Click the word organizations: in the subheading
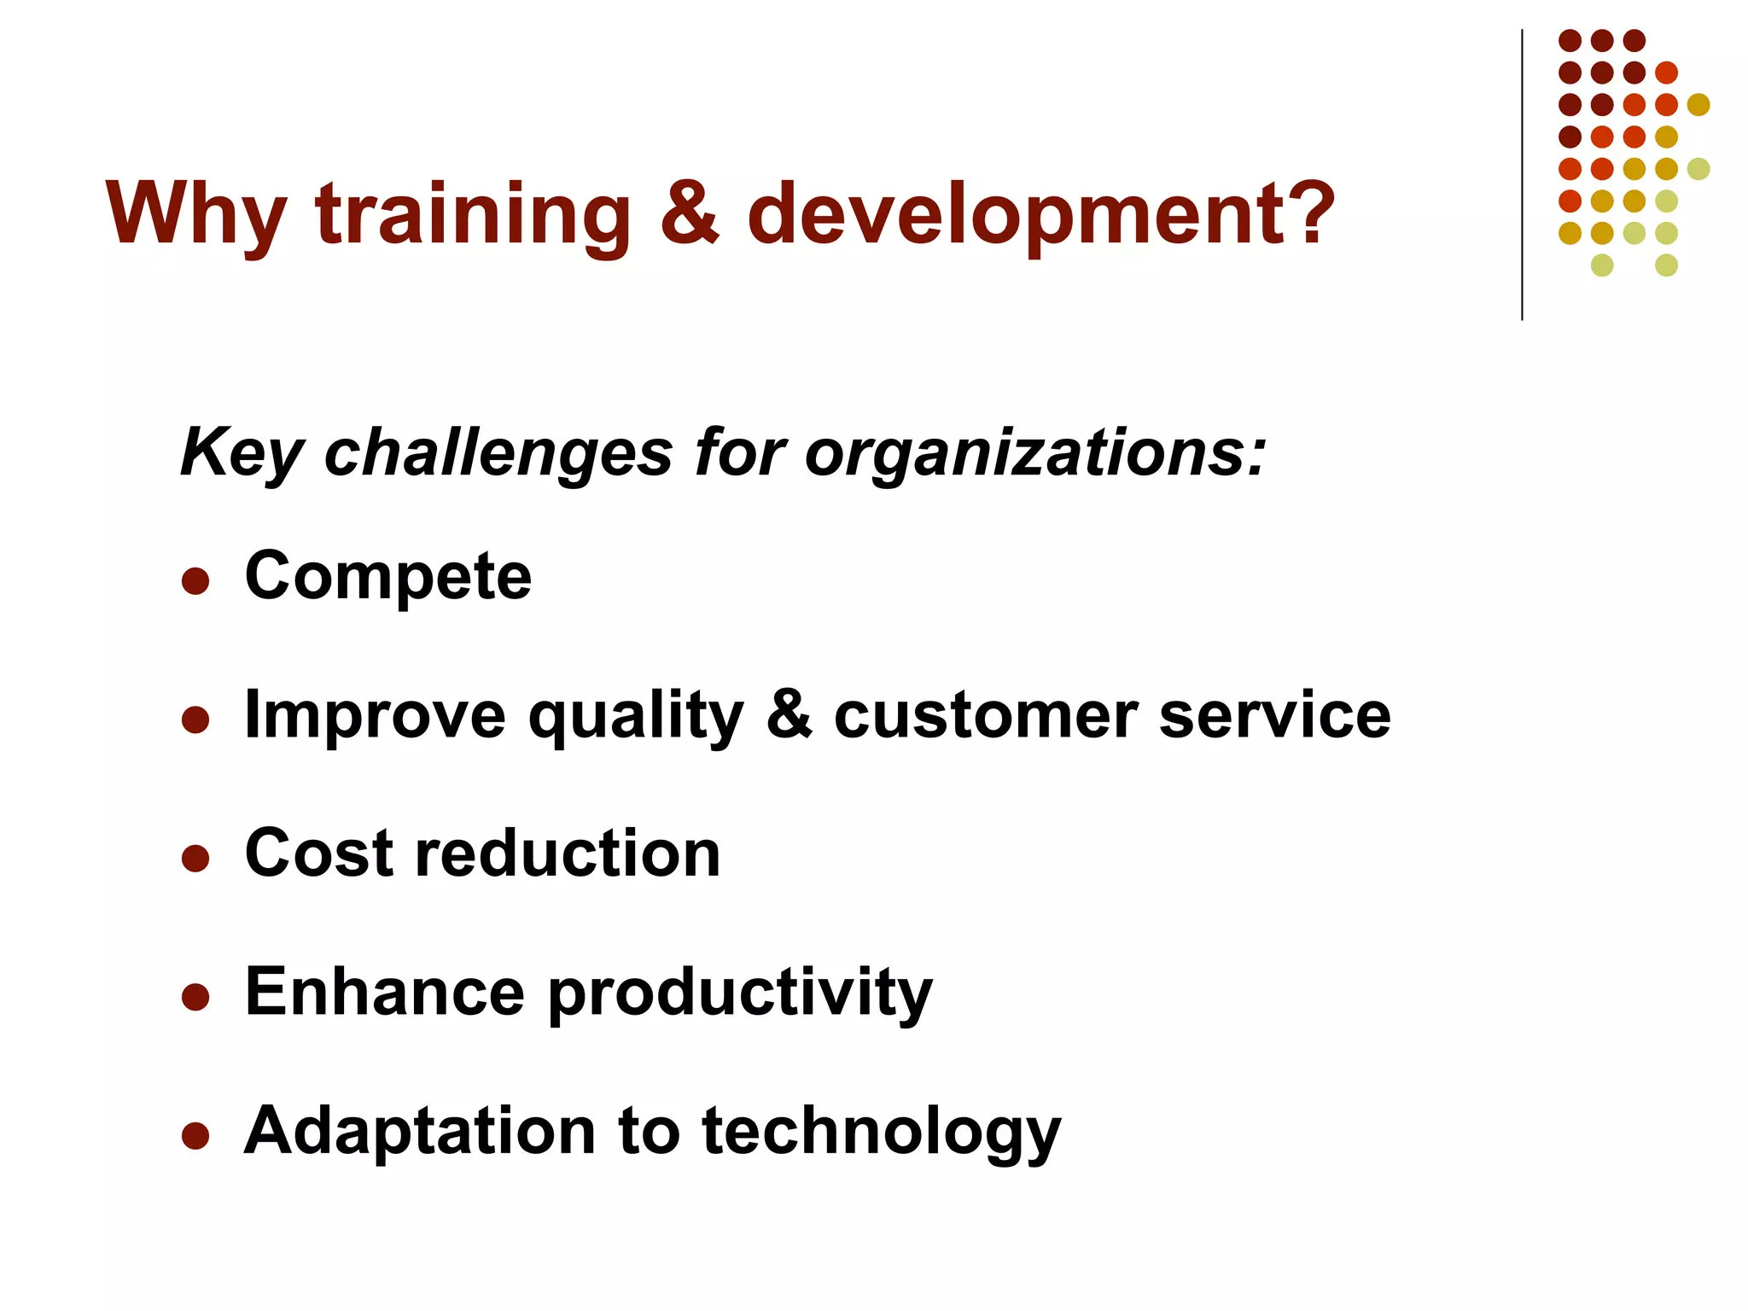(x=1034, y=452)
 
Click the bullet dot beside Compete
(x=195, y=581)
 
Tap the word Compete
(x=387, y=577)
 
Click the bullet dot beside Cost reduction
(x=195, y=859)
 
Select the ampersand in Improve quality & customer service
(x=789, y=715)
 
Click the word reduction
(x=568, y=854)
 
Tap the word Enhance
(x=384, y=992)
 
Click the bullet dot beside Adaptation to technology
(x=195, y=1136)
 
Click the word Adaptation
(x=420, y=1132)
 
